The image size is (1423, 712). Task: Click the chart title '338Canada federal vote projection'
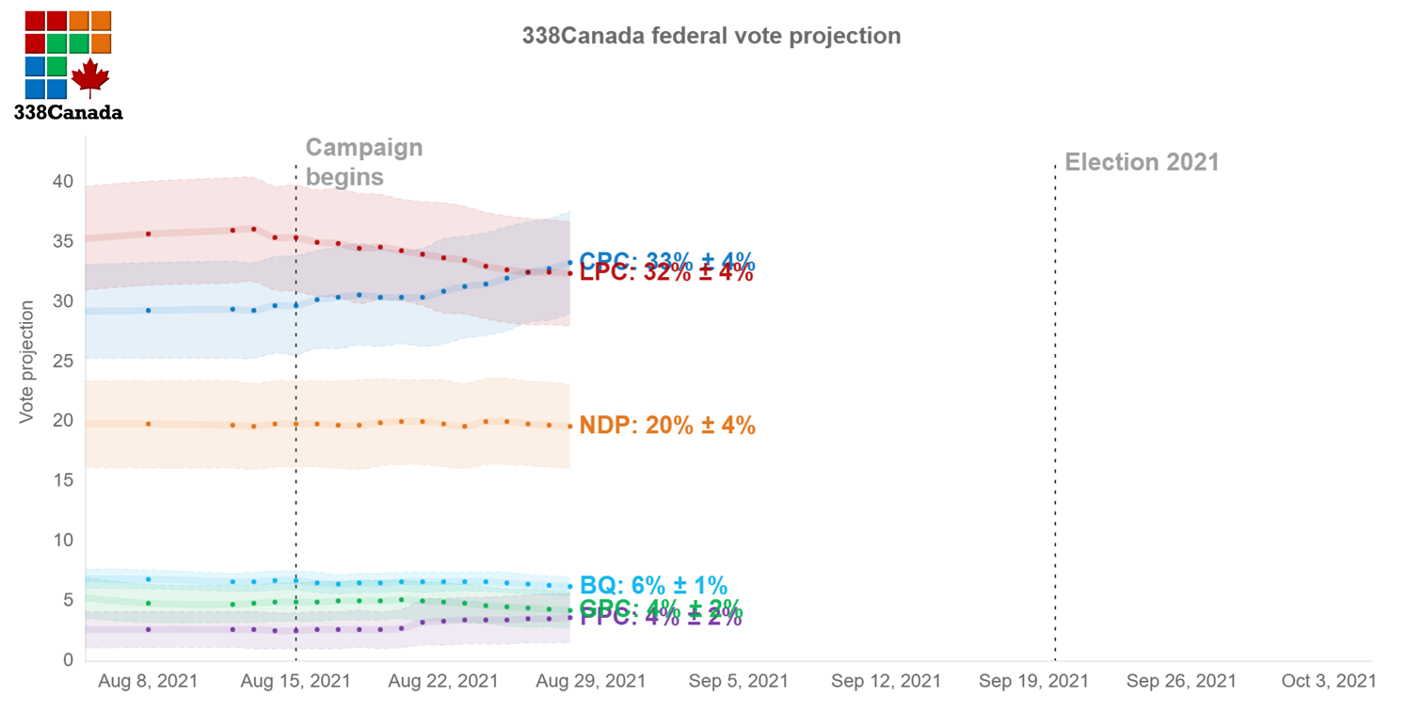pyautogui.click(x=711, y=37)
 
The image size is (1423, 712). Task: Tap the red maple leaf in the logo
pyautogui.click(x=90, y=77)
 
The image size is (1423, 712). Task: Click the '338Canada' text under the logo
pyautogui.click(x=68, y=112)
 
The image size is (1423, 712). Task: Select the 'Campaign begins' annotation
pyautogui.click(x=363, y=162)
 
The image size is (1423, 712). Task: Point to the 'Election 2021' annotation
pyautogui.click(x=1142, y=162)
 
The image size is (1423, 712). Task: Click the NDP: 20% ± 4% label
pyautogui.click(x=667, y=426)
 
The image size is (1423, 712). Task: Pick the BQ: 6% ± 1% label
pyautogui.click(x=653, y=586)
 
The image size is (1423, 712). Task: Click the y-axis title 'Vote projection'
pyautogui.click(x=27, y=362)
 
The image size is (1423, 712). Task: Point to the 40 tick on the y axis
pyautogui.click(x=63, y=182)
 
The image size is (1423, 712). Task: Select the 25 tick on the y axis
pyautogui.click(x=63, y=362)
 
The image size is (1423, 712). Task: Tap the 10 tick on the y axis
pyautogui.click(x=63, y=541)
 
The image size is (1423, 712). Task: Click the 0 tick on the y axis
pyautogui.click(x=68, y=660)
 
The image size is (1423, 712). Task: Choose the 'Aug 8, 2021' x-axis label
pyautogui.click(x=148, y=681)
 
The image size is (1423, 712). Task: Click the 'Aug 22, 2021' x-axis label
pyautogui.click(x=442, y=681)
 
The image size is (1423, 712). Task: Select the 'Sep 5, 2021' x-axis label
pyautogui.click(x=738, y=681)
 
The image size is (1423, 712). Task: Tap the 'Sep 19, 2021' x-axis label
pyautogui.click(x=1033, y=681)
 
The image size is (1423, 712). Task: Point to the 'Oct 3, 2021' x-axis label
pyautogui.click(x=1328, y=681)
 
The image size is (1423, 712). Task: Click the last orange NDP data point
pyautogui.click(x=569, y=427)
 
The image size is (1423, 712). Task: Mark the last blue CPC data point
pyautogui.click(x=569, y=263)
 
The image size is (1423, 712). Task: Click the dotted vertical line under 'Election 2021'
pyautogui.click(x=1055, y=424)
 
